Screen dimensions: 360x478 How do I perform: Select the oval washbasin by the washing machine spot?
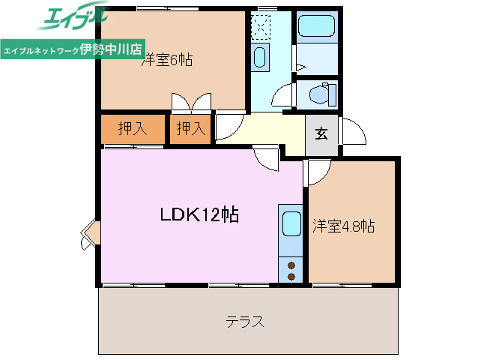(261, 57)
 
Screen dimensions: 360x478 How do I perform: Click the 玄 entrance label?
(321, 135)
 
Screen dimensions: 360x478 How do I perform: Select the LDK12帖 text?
(199, 215)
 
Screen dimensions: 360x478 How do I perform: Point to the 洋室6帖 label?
(167, 61)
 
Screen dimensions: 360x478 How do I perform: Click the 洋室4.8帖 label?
(343, 226)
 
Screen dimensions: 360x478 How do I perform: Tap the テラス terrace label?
(244, 322)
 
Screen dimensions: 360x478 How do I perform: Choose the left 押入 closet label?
(133, 129)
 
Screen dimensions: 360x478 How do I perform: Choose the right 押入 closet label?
(190, 129)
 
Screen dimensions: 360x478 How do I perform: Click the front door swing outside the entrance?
(353, 133)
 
